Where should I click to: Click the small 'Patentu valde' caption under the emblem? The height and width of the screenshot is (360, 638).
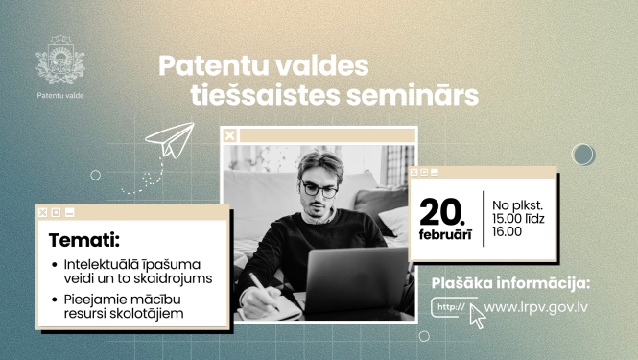pos(59,95)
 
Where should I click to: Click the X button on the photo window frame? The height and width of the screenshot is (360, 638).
pos(229,135)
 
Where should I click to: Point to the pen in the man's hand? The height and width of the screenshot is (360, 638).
pos(260,286)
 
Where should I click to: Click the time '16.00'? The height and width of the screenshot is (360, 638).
pos(508,231)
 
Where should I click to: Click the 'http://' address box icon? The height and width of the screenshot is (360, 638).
pos(450,308)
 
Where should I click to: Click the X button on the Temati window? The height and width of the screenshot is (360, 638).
pos(42,212)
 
